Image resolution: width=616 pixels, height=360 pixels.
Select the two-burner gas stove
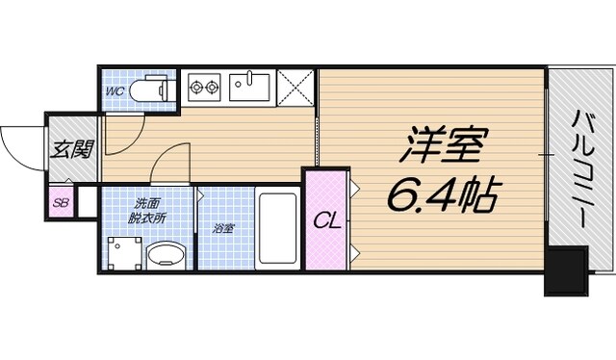(x=205, y=88)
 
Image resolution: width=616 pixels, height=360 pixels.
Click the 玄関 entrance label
(x=72, y=149)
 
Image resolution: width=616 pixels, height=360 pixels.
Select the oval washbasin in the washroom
(x=165, y=256)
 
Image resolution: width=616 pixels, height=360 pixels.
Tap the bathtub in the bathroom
(x=278, y=229)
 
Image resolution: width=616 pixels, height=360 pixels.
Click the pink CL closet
(x=326, y=219)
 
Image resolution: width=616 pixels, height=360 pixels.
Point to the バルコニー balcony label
(x=583, y=168)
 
